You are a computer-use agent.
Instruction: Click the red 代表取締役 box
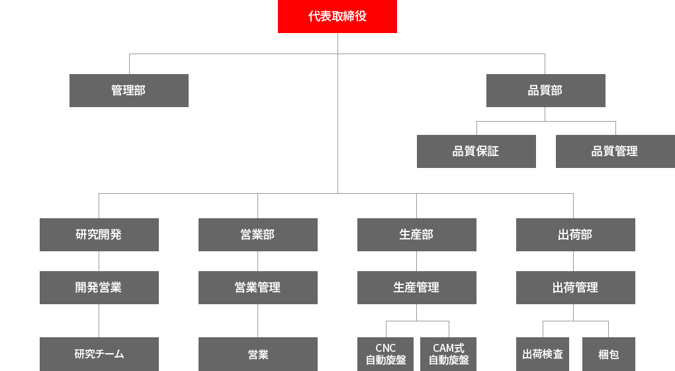point(337,17)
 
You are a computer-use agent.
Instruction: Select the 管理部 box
point(129,91)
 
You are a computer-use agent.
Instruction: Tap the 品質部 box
point(546,91)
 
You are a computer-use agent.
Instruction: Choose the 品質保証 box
point(476,151)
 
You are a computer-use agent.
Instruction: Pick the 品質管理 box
point(615,151)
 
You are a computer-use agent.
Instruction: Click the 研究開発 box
point(99,235)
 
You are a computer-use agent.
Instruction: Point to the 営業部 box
point(258,235)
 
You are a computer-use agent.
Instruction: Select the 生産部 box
point(417,235)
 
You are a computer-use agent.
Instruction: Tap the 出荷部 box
point(576,235)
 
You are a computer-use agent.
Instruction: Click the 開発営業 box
point(99,288)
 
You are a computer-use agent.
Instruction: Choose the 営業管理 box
point(258,288)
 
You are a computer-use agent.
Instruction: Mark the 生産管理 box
point(417,288)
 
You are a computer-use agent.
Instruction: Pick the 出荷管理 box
point(576,288)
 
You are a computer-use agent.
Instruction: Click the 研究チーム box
point(99,354)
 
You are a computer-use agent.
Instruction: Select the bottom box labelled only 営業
point(258,354)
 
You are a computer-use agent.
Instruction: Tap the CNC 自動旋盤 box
point(386,354)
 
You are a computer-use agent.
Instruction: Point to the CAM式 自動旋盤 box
point(449,354)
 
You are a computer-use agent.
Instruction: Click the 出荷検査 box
point(543,354)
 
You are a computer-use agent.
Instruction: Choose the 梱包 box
point(609,354)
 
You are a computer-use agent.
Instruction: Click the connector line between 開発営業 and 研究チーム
point(99,321)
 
